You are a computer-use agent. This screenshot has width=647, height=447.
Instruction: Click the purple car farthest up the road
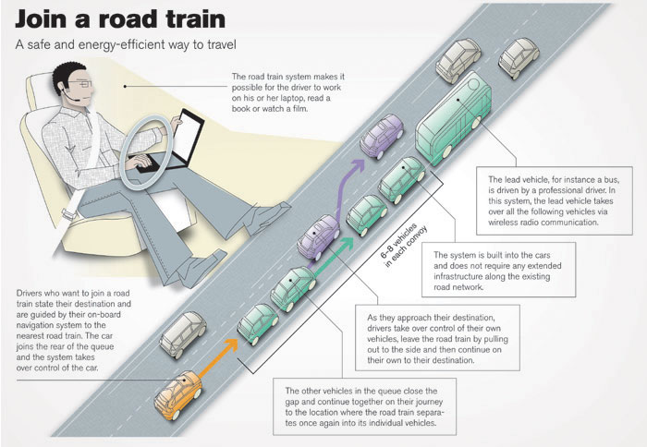(x=382, y=135)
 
